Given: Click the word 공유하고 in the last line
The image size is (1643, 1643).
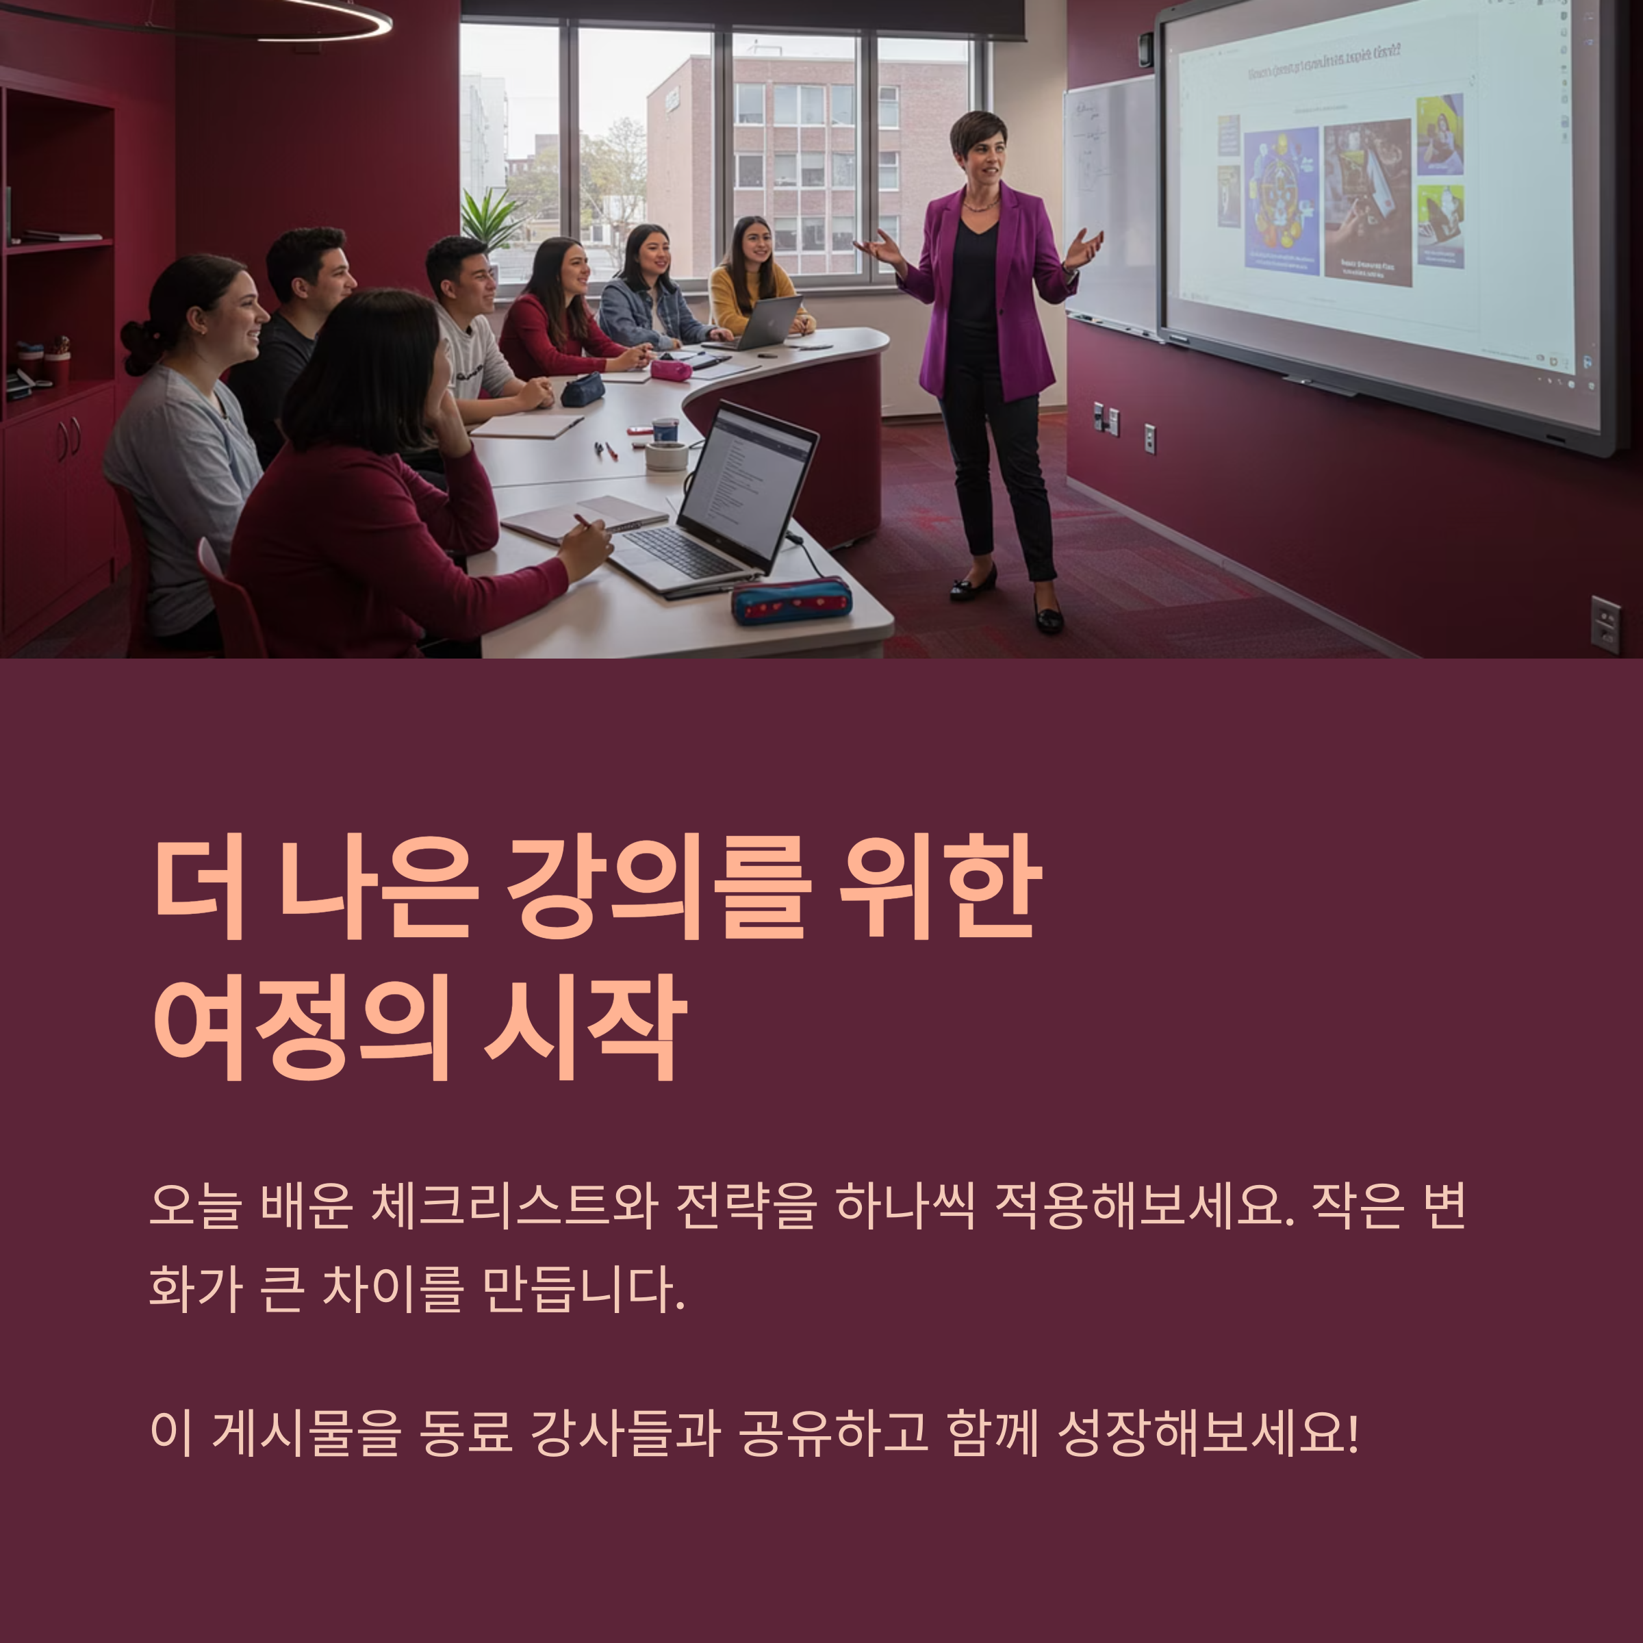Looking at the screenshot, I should (x=832, y=1433).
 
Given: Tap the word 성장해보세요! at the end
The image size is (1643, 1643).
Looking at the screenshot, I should (x=1208, y=1433).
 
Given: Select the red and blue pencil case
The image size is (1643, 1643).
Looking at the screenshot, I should (x=791, y=600).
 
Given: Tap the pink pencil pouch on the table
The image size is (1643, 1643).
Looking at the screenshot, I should (x=671, y=370).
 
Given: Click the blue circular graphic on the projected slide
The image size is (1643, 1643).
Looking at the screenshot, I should (x=1281, y=200).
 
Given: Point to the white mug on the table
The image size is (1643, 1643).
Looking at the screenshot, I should (x=666, y=456).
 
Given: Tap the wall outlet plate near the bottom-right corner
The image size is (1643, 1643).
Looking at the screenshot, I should (x=1605, y=624).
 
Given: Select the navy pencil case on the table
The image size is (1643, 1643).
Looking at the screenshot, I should (x=583, y=390).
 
